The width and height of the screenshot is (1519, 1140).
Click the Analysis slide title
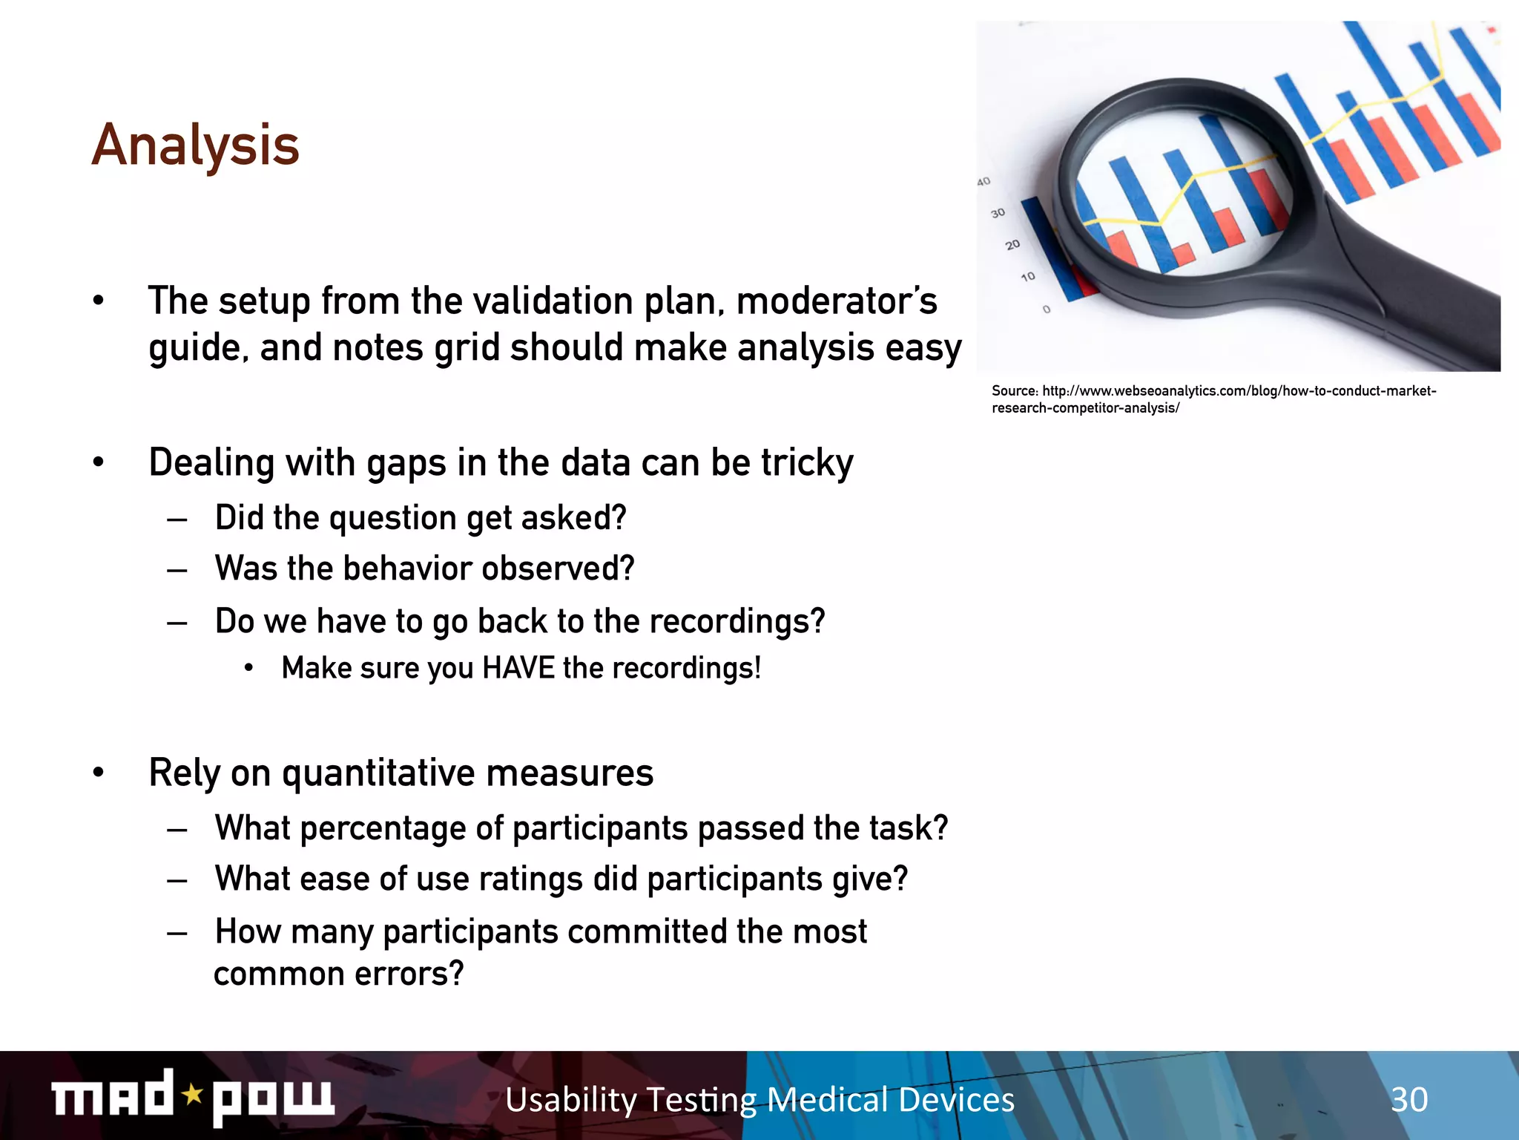click(196, 145)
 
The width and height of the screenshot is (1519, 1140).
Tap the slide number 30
click(1408, 1099)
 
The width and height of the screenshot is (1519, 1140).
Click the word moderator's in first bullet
click(837, 301)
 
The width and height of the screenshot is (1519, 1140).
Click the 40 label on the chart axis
click(983, 182)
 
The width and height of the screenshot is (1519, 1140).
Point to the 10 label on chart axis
click(1027, 277)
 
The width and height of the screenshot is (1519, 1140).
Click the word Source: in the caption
click(1015, 391)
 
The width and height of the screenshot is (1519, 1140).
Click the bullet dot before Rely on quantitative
click(99, 773)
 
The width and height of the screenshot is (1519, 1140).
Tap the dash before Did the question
click(177, 519)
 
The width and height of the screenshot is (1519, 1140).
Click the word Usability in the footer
click(570, 1099)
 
